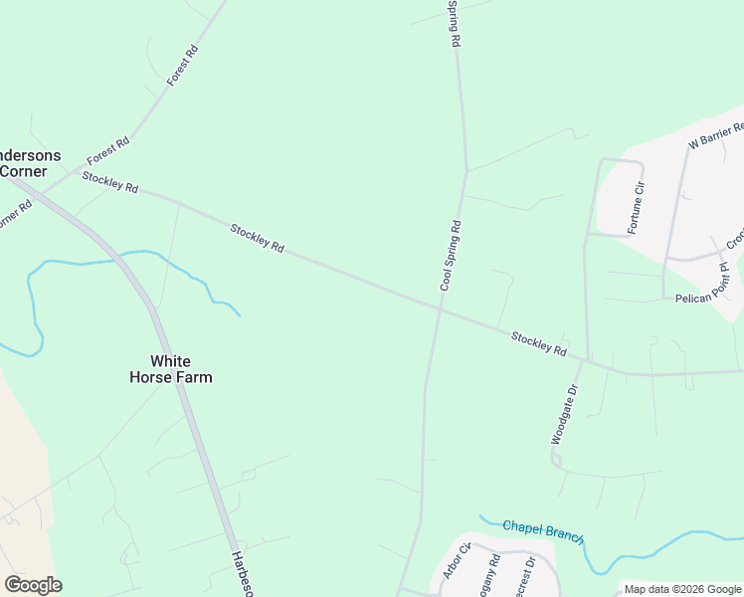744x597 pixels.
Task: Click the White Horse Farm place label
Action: (x=170, y=369)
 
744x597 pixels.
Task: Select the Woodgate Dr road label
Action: (x=564, y=414)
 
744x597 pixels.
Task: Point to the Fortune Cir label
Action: (x=637, y=209)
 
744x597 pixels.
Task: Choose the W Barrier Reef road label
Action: (x=717, y=136)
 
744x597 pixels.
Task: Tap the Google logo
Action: (x=33, y=585)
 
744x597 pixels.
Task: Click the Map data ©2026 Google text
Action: (x=681, y=589)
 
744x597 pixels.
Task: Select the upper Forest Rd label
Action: (x=183, y=65)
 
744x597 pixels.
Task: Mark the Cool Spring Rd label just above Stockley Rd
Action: (x=451, y=256)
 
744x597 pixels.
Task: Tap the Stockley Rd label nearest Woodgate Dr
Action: (x=539, y=344)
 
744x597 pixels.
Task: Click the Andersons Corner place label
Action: (x=28, y=163)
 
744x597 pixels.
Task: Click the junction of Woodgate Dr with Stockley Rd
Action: (x=587, y=361)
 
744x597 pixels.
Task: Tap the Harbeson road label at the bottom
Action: (x=240, y=574)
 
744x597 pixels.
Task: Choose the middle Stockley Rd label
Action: (x=258, y=238)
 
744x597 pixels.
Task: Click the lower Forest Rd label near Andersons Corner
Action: (x=107, y=151)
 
